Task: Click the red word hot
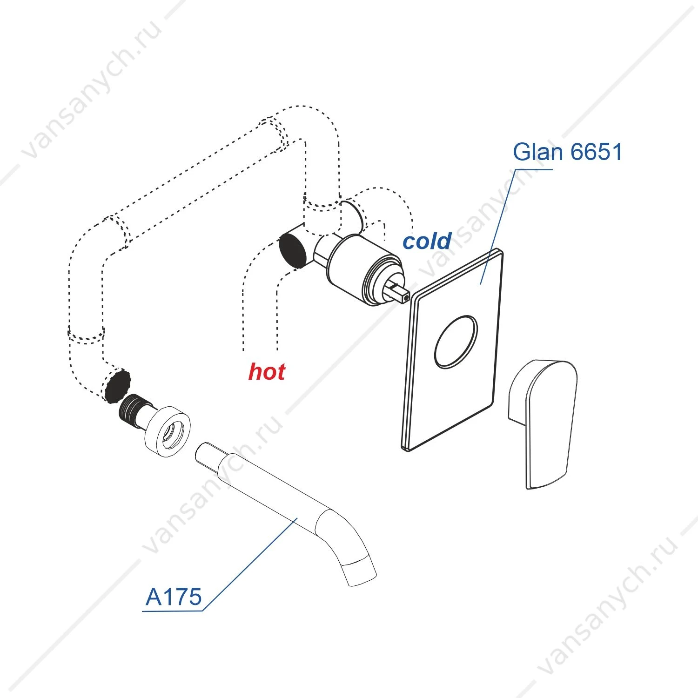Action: (267, 372)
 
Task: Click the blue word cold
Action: (427, 241)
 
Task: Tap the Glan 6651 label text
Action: (567, 152)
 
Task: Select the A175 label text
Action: (174, 597)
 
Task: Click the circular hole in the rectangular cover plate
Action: (456, 342)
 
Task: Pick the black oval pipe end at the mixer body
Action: (293, 251)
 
